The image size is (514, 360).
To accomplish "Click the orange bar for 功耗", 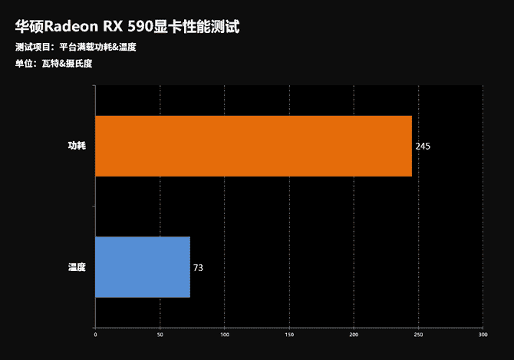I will [253, 147].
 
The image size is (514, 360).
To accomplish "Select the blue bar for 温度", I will [143, 267].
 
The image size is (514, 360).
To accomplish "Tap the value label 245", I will [423, 147].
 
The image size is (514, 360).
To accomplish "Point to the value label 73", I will [198, 268].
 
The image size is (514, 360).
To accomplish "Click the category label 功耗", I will [76, 147].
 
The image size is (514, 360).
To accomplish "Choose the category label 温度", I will [76, 267].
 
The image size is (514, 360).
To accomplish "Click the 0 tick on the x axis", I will [95, 335].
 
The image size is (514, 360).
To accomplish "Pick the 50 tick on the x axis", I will [160, 335].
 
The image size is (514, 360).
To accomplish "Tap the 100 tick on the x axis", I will [224, 335].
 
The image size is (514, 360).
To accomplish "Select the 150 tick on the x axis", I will [289, 335].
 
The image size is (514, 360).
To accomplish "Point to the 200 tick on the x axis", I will [354, 335].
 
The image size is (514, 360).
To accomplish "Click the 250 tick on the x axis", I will [418, 335].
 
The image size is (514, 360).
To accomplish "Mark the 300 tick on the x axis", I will [483, 335].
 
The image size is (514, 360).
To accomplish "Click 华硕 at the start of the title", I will [28, 27].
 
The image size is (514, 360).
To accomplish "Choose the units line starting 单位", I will [53, 63].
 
